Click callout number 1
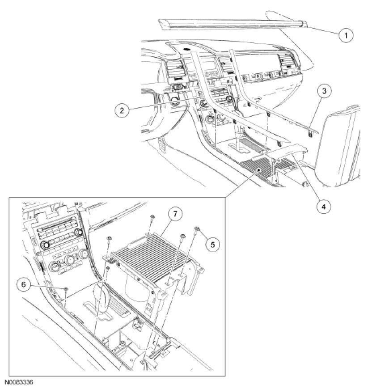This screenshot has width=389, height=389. tap(346, 35)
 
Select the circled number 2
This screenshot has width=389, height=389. tap(122, 110)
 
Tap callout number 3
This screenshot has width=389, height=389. tap(324, 91)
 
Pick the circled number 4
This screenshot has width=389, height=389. tap(324, 206)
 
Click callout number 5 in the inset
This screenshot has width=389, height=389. tap(213, 245)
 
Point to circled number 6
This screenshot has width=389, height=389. tap(24, 284)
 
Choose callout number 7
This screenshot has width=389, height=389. tap(175, 214)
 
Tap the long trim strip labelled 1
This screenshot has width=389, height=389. tap(233, 24)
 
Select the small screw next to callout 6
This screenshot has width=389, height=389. tap(66, 289)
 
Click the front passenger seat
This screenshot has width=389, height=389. tap(340, 146)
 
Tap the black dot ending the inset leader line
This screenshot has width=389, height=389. tap(259, 170)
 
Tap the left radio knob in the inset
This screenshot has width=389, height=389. tap(46, 245)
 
